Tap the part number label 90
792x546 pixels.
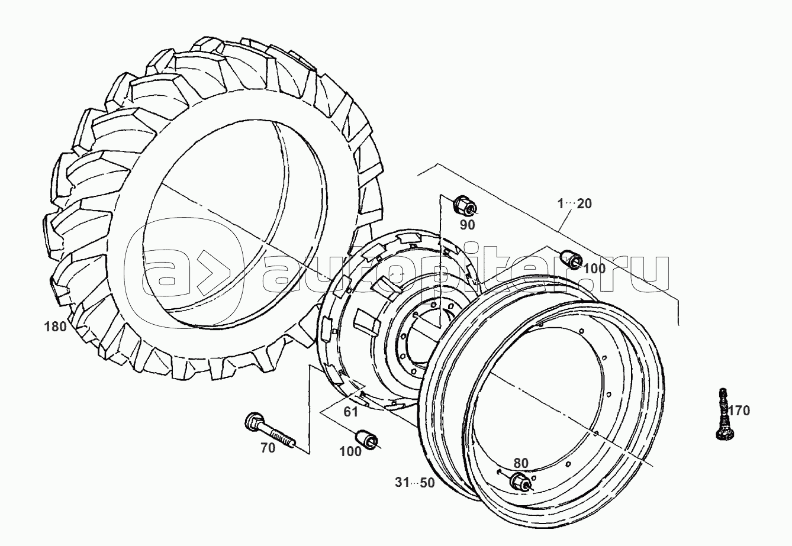click(468, 225)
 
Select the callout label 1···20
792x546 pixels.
click(574, 204)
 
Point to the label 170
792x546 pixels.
click(738, 411)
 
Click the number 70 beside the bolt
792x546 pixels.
click(268, 448)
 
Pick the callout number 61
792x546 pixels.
click(351, 412)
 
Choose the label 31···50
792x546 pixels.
click(415, 483)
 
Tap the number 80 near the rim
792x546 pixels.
click(521, 463)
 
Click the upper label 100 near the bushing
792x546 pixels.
click(594, 269)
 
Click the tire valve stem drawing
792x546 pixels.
click(722, 413)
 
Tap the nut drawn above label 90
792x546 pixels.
click(463, 206)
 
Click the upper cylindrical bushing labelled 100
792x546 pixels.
click(571, 259)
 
